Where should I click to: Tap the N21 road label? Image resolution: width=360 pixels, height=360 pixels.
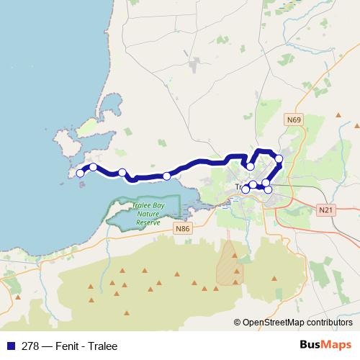325,209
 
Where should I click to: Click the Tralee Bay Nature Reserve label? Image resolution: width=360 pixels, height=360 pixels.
147,215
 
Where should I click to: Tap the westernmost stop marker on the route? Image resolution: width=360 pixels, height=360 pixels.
80,173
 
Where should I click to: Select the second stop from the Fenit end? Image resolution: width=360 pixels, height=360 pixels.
93,167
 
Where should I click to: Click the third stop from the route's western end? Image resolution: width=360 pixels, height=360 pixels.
122,172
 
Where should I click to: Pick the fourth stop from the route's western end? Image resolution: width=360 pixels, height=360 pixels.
166,176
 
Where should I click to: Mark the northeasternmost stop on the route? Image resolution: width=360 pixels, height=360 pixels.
279,158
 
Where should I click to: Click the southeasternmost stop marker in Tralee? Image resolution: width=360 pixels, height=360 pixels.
269,190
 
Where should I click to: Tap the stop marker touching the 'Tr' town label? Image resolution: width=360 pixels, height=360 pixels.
245,189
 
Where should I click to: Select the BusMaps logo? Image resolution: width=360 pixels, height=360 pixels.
325,345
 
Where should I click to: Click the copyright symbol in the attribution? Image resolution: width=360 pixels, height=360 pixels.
238,322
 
